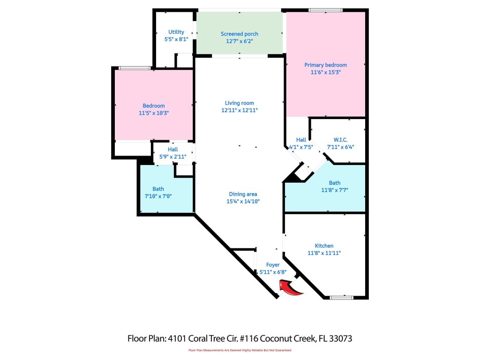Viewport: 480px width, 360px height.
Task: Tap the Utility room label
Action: [x=176, y=32]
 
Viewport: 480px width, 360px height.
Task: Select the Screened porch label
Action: [x=240, y=34]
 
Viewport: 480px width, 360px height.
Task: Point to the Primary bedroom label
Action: [x=326, y=65]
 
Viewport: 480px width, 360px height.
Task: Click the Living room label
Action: [x=240, y=103]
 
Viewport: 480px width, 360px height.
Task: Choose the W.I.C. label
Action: [x=340, y=140]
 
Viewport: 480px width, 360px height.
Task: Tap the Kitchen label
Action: [x=324, y=246]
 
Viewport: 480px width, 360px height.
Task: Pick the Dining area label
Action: [x=243, y=194]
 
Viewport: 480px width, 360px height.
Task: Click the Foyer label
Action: [x=273, y=265]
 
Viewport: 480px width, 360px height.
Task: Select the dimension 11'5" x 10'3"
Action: [x=154, y=113]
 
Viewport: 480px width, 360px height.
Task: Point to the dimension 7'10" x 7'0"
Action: [x=158, y=196]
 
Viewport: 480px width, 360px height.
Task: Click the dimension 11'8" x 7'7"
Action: [x=335, y=190]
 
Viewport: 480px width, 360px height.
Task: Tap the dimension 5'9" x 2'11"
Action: [x=172, y=157]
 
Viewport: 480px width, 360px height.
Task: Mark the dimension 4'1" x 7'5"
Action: [x=301, y=147]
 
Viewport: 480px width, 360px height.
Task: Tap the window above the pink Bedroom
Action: [x=134, y=68]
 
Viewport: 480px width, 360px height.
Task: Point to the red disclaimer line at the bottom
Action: [x=240, y=350]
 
